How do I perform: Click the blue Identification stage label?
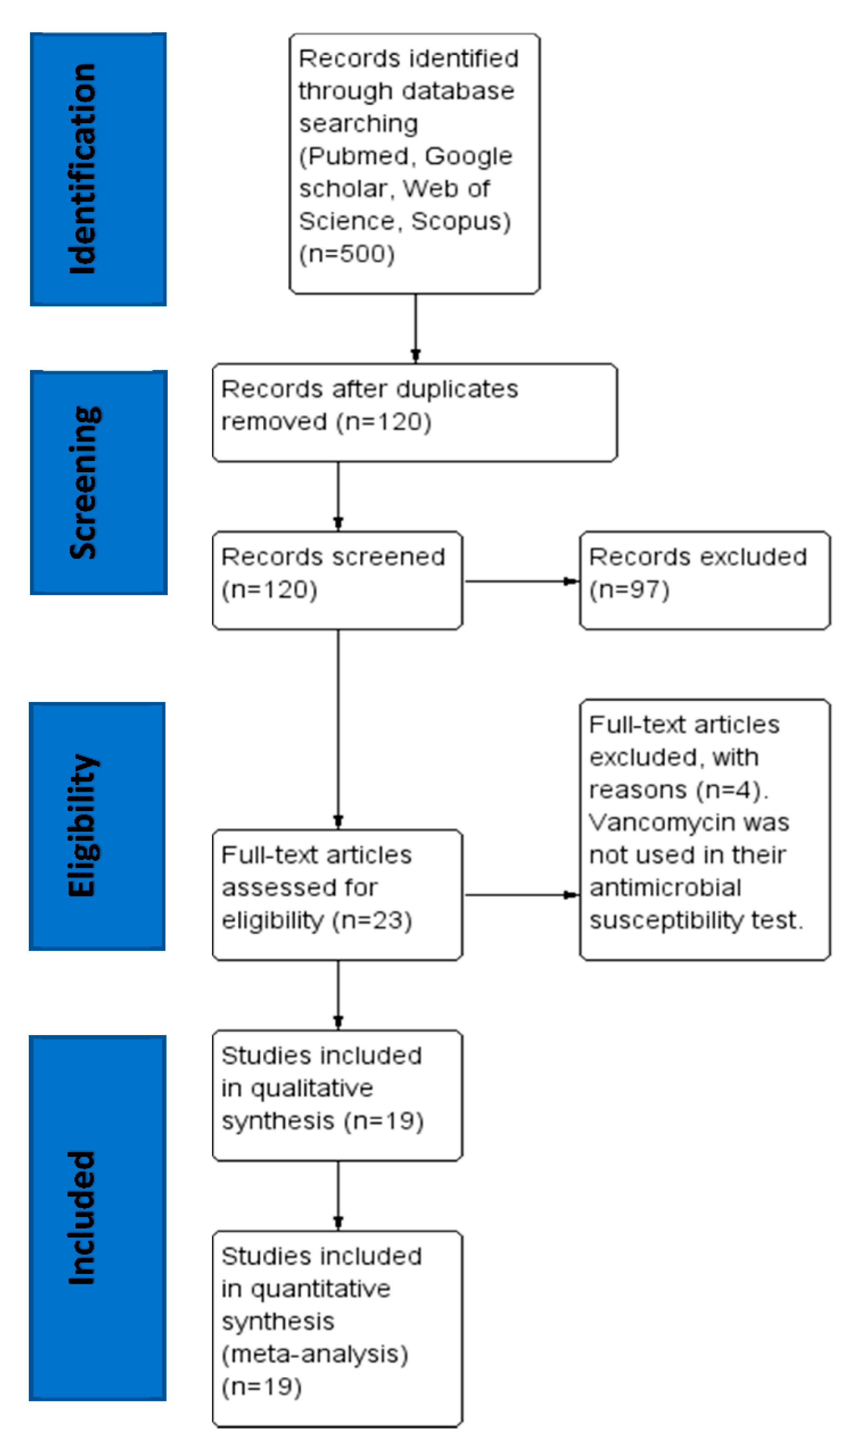[98, 169]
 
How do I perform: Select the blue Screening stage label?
[98, 483]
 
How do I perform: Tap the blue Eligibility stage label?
[97, 826]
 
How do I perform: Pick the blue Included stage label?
[97, 1218]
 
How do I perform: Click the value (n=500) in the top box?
[347, 253]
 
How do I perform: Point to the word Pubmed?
[360, 156]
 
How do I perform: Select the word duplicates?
[457, 389]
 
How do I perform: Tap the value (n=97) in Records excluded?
[629, 589]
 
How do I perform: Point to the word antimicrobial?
[665, 887]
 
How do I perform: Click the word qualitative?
[312, 1088]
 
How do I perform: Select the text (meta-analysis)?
[315, 1354]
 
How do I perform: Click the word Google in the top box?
[468, 156]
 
